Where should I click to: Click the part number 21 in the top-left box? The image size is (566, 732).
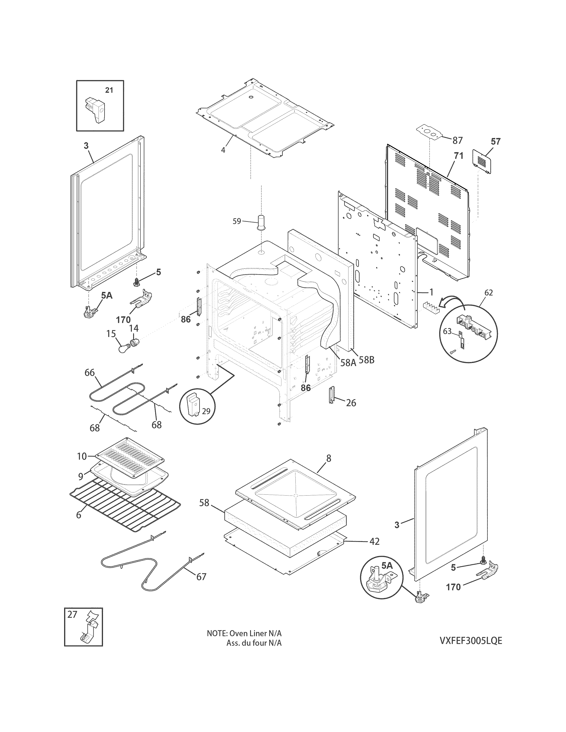point(109,90)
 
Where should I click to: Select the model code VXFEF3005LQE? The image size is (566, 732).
point(471,650)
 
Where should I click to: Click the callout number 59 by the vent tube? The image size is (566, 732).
point(237,221)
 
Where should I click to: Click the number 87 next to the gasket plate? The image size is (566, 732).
point(457,140)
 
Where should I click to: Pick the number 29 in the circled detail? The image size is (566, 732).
point(206,411)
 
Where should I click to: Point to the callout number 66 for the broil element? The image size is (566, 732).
point(89,373)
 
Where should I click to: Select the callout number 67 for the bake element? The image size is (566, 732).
point(201,577)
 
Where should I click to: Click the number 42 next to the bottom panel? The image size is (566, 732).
point(374,541)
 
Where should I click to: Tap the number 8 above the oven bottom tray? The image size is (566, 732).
point(328,458)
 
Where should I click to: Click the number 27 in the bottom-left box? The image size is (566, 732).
point(72,614)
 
